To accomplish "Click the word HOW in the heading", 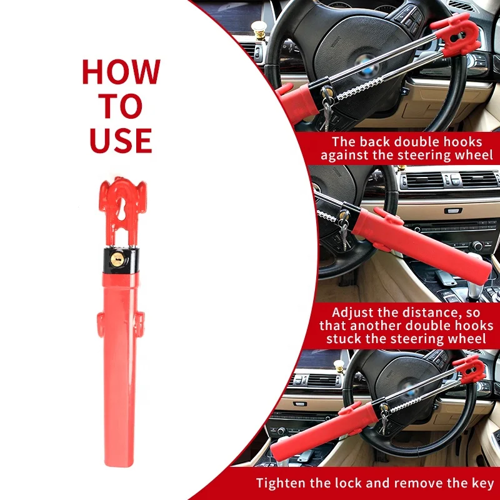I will click(121, 72).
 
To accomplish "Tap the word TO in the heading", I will click(121, 106).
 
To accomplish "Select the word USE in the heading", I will click(121, 140).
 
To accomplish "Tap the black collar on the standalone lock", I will click(121, 261).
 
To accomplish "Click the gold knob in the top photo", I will click(259, 28).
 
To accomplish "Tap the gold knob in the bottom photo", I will click(339, 366).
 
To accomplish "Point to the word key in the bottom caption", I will click(482, 483).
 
